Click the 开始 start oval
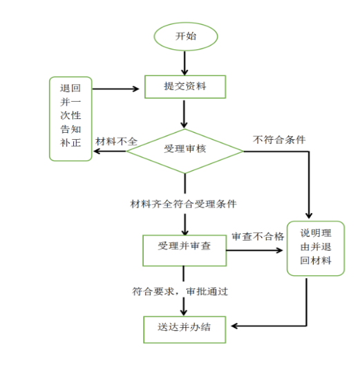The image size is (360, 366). click(186, 37)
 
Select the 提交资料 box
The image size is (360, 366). click(185, 86)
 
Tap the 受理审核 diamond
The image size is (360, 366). click(185, 151)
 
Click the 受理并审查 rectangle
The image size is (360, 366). click(184, 250)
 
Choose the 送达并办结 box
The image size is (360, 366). click(184, 329)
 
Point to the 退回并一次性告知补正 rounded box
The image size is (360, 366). click(70, 118)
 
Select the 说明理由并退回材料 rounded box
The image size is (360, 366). click(316, 248)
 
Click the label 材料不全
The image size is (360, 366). click(116, 141)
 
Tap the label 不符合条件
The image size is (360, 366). click(279, 140)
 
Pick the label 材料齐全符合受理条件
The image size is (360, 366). click(183, 204)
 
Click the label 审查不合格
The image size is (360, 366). click(258, 237)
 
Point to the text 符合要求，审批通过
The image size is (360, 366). click(180, 291)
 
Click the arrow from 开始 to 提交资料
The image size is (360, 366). click(184, 63)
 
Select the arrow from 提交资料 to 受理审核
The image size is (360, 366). click(184, 114)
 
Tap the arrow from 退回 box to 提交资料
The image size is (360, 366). click(115, 89)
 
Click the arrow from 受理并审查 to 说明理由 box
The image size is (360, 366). click(254, 250)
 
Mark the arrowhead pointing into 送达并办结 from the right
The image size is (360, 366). click(234, 326)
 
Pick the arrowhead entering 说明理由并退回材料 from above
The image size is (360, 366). click(309, 215)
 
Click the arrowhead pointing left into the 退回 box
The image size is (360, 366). click(97, 152)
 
